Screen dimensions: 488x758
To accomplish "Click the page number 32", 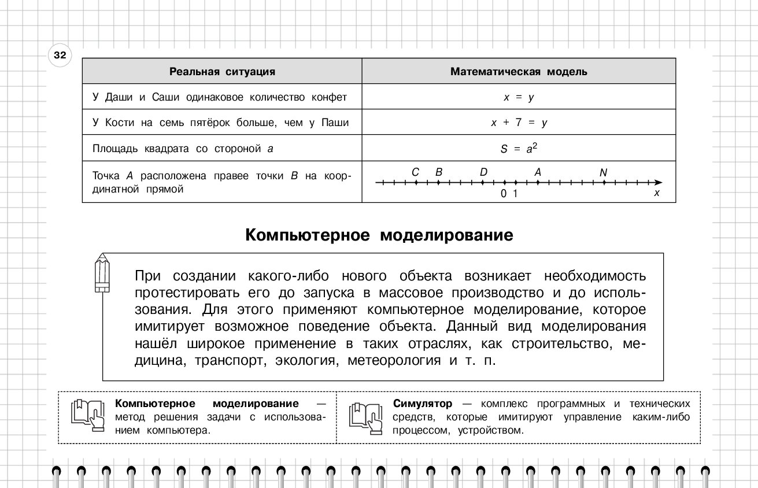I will pyautogui.click(x=60, y=56).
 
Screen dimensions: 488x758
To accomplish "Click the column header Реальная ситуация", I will pyautogui.click(x=222, y=72).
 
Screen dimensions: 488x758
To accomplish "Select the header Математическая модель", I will pyautogui.click(x=519, y=72).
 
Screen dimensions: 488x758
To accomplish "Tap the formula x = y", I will pyautogui.click(x=519, y=97).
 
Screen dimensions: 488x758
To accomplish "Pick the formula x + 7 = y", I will pyautogui.click(x=519, y=123).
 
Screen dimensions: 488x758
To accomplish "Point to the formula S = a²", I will pyautogui.click(x=519, y=148).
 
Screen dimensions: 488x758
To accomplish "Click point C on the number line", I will pyautogui.click(x=416, y=182).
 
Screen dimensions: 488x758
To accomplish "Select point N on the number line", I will pyautogui.click(x=604, y=182).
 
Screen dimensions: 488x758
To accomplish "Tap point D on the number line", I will pyautogui.click(x=483, y=182).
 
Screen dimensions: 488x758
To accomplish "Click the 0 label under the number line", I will pyautogui.click(x=504, y=194).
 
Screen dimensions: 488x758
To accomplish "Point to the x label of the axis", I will pyautogui.click(x=656, y=193).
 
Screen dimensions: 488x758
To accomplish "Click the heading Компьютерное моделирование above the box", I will pyautogui.click(x=379, y=235).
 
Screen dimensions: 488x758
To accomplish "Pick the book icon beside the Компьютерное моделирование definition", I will pyautogui.click(x=87, y=416).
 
